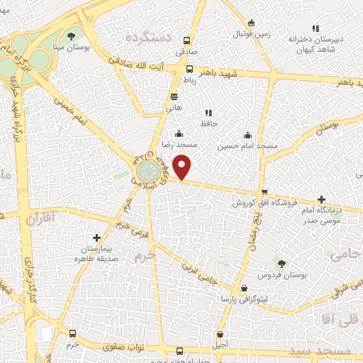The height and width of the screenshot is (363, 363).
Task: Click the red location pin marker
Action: pyautogui.click(x=183, y=167)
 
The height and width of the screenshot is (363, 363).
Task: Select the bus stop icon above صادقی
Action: pyautogui.click(x=187, y=41)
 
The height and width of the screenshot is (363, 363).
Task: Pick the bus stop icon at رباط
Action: pyautogui.click(x=189, y=69)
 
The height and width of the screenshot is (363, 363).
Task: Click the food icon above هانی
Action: pyautogui.click(x=174, y=96)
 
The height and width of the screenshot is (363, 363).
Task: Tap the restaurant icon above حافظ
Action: pyautogui.click(x=208, y=113)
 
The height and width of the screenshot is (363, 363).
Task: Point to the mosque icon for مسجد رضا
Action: pyautogui.click(x=179, y=133)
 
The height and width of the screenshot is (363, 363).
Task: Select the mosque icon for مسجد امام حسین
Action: pyautogui.click(x=247, y=135)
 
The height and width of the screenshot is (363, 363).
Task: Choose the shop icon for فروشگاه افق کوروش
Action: pyautogui.click(x=264, y=192)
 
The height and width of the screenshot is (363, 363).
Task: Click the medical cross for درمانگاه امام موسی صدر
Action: pyautogui.click(x=322, y=200)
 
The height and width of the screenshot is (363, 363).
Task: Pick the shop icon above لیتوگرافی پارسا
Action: pyautogui.click(x=244, y=289)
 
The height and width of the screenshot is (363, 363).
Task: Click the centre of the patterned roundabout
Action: pyautogui.click(x=148, y=170)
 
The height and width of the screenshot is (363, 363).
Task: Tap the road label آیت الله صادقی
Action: pyautogui.click(x=150, y=64)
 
